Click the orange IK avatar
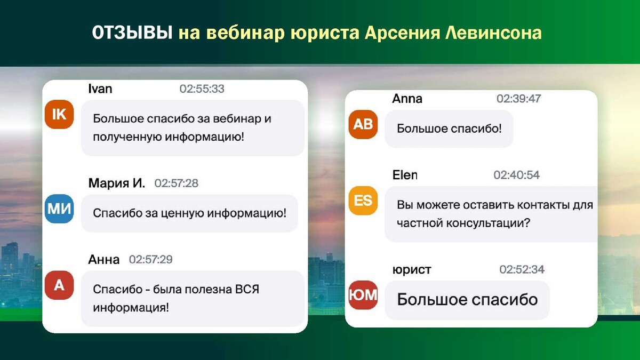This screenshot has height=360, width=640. point(59,114)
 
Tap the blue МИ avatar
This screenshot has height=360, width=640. point(59,209)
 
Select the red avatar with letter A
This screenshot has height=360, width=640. point(59,285)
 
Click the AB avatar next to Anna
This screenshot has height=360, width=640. point(363,124)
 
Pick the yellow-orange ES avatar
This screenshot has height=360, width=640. point(363,201)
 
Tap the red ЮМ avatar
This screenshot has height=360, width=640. point(363,295)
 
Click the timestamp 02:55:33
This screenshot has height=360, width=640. point(202,89)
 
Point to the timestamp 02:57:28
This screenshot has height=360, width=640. point(177,183)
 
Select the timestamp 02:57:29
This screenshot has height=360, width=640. point(150,259)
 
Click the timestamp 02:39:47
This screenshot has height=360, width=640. point(518,99)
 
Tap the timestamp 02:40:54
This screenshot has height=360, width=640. point(517,175)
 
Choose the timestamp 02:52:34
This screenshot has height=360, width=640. point(522,269)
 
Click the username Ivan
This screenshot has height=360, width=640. point(100,89)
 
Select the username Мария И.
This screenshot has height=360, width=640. point(117,183)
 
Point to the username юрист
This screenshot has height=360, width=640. point(412,270)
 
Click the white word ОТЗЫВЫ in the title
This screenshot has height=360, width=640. point(132,33)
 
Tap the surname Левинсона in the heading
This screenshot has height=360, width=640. point(493,33)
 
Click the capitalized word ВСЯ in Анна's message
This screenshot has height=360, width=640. point(247,290)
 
